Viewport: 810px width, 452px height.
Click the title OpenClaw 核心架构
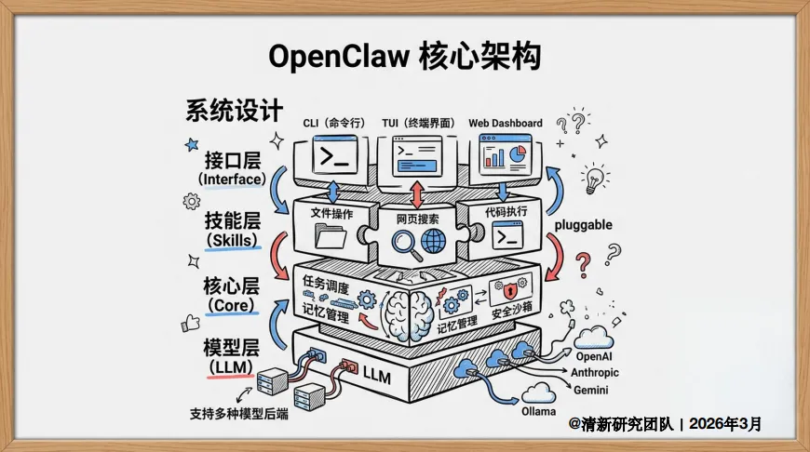pos(404,57)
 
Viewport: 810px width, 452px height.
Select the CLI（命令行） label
pos(333,124)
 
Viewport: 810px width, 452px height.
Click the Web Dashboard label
pos(505,123)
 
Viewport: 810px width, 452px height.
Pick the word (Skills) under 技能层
pos(232,240)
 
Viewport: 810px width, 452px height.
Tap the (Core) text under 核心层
pos(232,304)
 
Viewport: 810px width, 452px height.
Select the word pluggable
pos(583,225)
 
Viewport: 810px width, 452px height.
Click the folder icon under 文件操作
pos(331,236)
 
